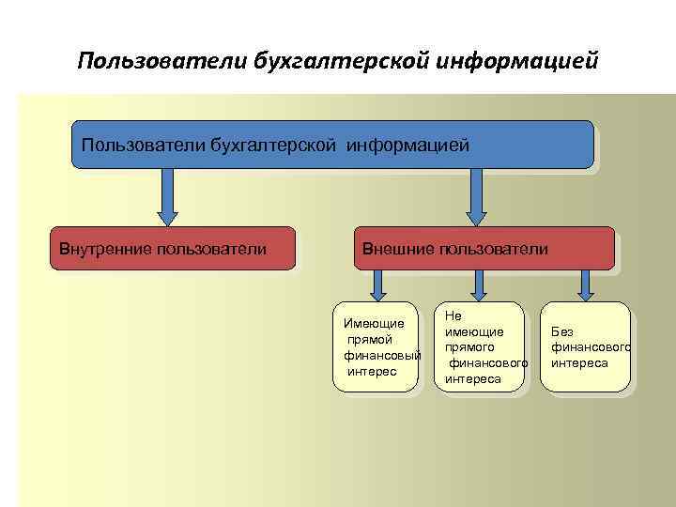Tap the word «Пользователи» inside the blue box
tap(143, 145)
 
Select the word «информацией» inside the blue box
tap(407, 145)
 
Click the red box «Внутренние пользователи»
tap(172, 249)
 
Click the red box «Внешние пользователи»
tap(484, 249)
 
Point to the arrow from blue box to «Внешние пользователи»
tap(476, 197)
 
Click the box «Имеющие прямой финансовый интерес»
tap(378, 347)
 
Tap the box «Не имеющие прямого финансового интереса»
tap(479, 347)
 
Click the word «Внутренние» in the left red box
tap(100, 249)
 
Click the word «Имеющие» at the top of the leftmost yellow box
tap(374, 324)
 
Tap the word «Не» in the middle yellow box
tap(453, 317)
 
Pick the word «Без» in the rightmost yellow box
tap(561, 331)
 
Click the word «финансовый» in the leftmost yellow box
tap(381, 356)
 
